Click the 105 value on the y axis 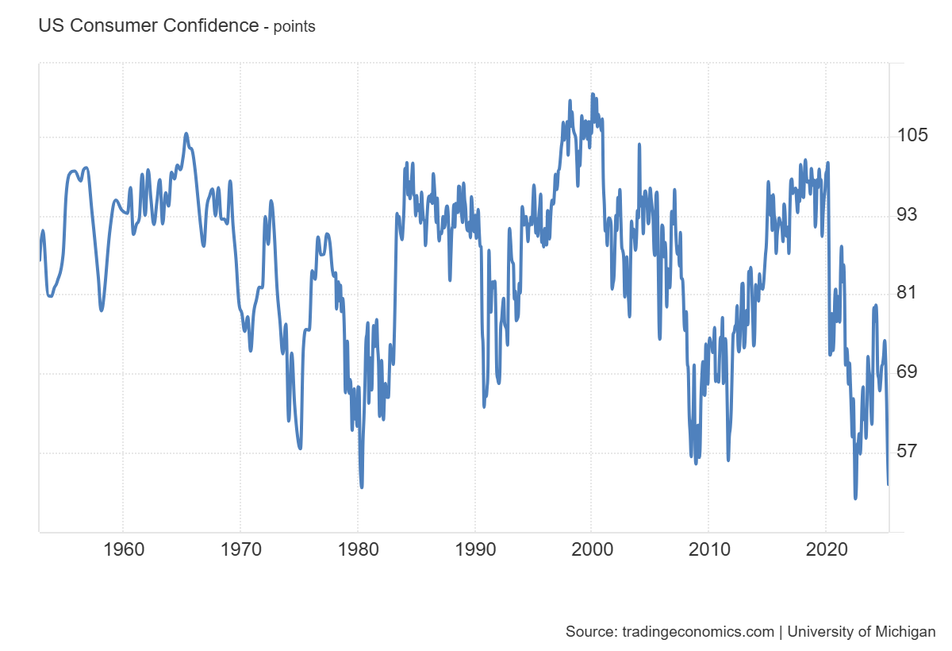(912, 135)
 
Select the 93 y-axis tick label (908, 214)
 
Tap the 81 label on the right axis (908, 293)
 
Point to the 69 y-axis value (908, 372)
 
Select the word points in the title (294, 27)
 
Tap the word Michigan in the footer (904, 632)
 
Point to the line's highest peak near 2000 (592, 94)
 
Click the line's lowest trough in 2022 (855, 498)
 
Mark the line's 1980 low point (362, 487)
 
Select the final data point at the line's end (888, 484)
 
